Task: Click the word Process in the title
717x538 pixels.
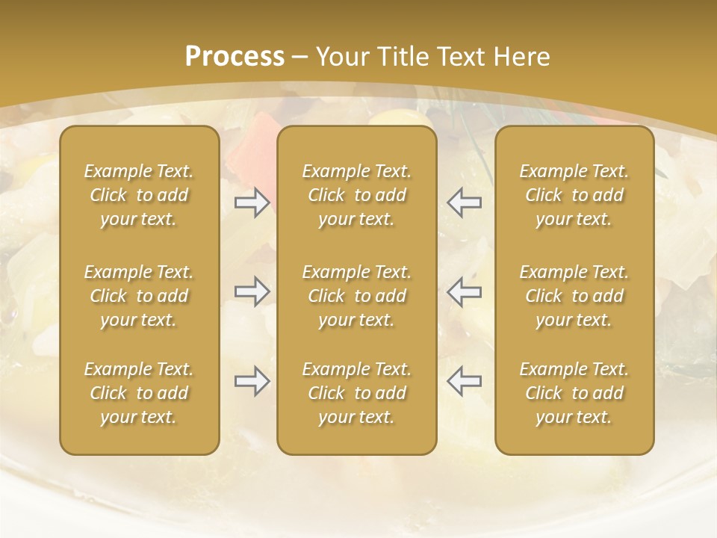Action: point(235,57)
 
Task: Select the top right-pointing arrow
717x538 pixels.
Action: point(252,202)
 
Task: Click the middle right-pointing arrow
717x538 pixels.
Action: point(252,291)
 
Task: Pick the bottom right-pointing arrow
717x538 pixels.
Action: point(252,381)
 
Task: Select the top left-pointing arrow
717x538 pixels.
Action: point(465,202)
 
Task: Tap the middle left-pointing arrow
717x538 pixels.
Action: point(465,291)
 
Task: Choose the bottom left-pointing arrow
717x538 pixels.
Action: point(465,381)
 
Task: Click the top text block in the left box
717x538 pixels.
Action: point(139,195)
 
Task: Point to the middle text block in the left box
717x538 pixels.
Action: point(139,296)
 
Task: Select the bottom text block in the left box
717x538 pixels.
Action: point(139,393)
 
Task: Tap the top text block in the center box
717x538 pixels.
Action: point(357,195)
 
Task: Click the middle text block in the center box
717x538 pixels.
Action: point(357,296)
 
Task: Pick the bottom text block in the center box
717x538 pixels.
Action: point(357,393)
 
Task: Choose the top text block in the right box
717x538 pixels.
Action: point(574,195)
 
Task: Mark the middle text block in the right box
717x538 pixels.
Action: point(574,296)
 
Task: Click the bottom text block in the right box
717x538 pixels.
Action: point(574,393)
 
